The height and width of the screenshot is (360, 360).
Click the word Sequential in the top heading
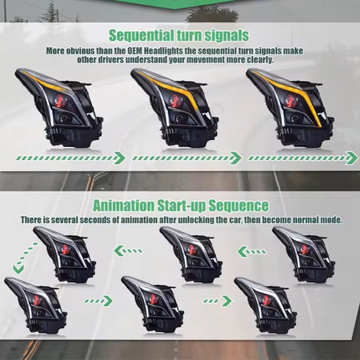142,35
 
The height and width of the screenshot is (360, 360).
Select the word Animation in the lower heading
124,206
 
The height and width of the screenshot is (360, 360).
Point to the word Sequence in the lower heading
238,206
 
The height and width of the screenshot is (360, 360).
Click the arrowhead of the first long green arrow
119,158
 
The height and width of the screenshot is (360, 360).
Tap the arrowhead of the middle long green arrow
236,158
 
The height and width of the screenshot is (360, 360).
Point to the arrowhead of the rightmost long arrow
352,158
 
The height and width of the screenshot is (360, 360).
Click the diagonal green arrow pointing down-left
25,258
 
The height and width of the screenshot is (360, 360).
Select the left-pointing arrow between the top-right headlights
251,251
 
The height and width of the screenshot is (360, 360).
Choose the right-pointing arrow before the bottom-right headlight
218,301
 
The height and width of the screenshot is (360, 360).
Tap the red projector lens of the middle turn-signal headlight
175,101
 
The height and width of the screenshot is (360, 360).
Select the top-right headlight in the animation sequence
304,254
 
